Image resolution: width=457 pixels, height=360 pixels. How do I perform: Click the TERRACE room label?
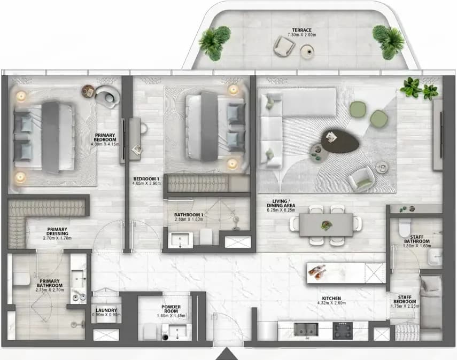pos(301,30)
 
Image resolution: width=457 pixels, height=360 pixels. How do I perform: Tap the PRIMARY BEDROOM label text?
pos(105,137)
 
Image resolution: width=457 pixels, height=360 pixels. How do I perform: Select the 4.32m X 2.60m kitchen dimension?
pos(331,303)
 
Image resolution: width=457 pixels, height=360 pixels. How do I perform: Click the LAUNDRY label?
pos(106,310)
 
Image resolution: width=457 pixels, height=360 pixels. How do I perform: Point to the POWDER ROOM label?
pos(171,309)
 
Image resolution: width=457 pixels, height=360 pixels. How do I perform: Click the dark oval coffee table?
pos(340,140)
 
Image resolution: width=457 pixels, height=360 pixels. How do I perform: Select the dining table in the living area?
pos(326,224)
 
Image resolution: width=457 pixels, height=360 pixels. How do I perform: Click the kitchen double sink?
pos(306,329)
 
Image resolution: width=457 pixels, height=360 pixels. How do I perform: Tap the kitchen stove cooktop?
pos(343,331)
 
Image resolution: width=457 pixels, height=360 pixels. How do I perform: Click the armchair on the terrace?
pos(284,46)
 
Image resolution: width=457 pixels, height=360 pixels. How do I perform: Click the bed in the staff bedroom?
pos(431,301)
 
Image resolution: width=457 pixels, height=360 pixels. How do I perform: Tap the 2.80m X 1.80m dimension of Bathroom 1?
pos(189,220)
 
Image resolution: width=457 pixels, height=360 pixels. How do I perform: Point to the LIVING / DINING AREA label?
pos(281,204)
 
